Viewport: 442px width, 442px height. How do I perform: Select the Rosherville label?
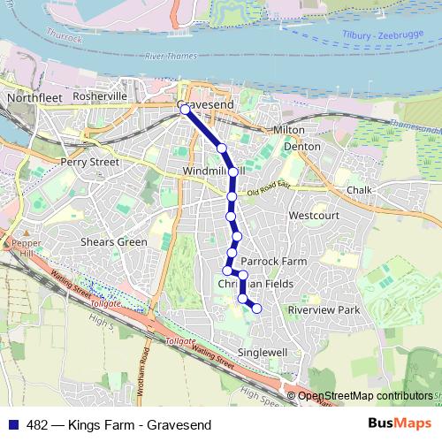pos(101,96)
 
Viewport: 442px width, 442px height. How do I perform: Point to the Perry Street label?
pos(89,163)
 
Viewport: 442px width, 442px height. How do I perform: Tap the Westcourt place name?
pos(314,215)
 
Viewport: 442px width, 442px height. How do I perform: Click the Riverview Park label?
pos(325,310)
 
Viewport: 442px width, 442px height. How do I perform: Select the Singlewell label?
pos(264,352)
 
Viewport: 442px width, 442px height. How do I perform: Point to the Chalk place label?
pos(360,190)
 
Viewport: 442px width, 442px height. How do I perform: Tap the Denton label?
pos(302,147)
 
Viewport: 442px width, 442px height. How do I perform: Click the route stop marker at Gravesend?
pos(185,110)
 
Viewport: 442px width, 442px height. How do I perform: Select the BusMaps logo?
pos(399,424)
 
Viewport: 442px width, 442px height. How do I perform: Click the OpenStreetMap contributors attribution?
pos(365,396)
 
